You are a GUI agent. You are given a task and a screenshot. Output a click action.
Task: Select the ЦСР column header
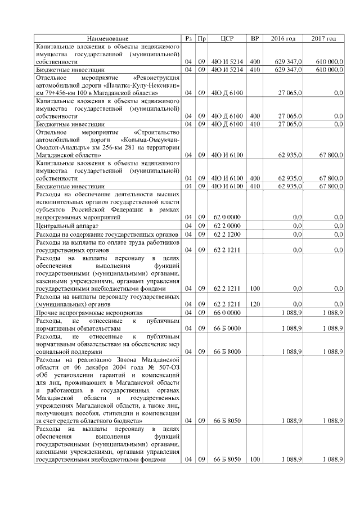[x=227, y=38]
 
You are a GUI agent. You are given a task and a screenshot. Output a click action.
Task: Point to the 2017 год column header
[x=323, y=38]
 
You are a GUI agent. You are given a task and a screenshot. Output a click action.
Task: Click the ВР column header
[x=255, y=38]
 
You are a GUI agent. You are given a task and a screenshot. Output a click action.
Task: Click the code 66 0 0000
[x=227, y=312]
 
